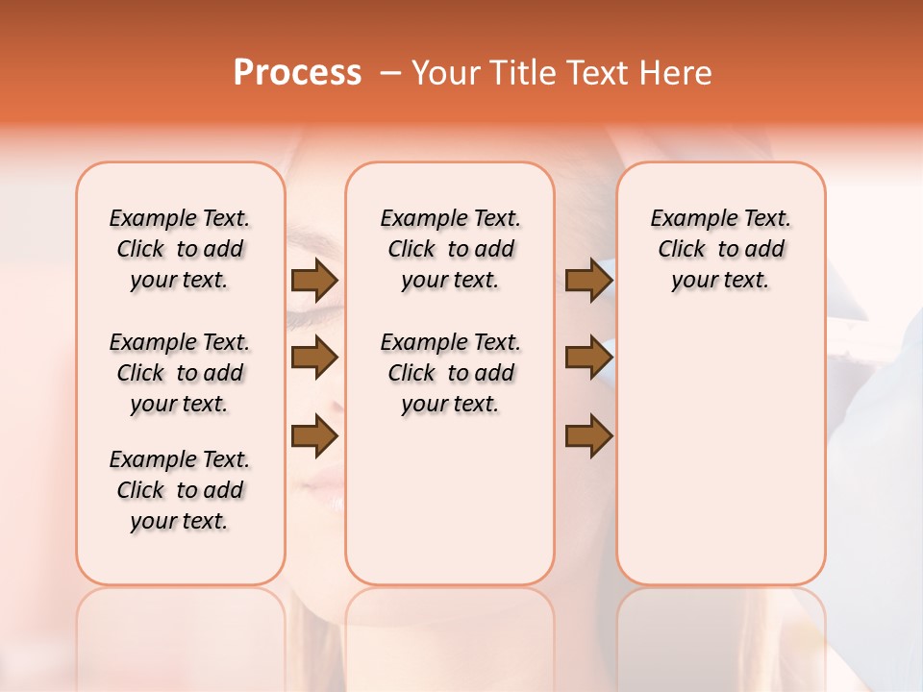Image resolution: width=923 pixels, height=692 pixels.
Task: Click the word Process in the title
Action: coord(297,73)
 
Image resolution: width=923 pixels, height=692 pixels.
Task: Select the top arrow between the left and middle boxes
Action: coord(313,280)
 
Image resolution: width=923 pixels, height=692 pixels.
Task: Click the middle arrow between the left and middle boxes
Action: coord(313,358)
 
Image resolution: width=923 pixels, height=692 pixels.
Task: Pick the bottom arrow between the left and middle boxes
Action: coord(313,436)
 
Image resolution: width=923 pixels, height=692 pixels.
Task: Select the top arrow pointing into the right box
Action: coord(588,280)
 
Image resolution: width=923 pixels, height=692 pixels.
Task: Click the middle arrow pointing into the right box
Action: coord(588,358)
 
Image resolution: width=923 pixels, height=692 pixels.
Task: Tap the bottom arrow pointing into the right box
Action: coord(588,436)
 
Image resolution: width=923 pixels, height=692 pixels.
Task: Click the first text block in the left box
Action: coord(180,249)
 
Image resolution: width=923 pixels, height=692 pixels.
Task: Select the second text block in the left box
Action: coord(180,373)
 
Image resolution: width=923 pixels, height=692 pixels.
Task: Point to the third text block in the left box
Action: coord(180,490)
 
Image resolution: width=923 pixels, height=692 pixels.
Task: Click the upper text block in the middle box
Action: coord(450,249)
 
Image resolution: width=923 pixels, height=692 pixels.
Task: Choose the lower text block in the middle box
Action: coord(450,373)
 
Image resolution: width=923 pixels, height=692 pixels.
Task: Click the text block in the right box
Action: coord(720,249)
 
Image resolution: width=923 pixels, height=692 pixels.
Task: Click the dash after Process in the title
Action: coord(390,73)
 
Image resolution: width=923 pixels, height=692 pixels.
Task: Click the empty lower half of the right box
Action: coord(720,461)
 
